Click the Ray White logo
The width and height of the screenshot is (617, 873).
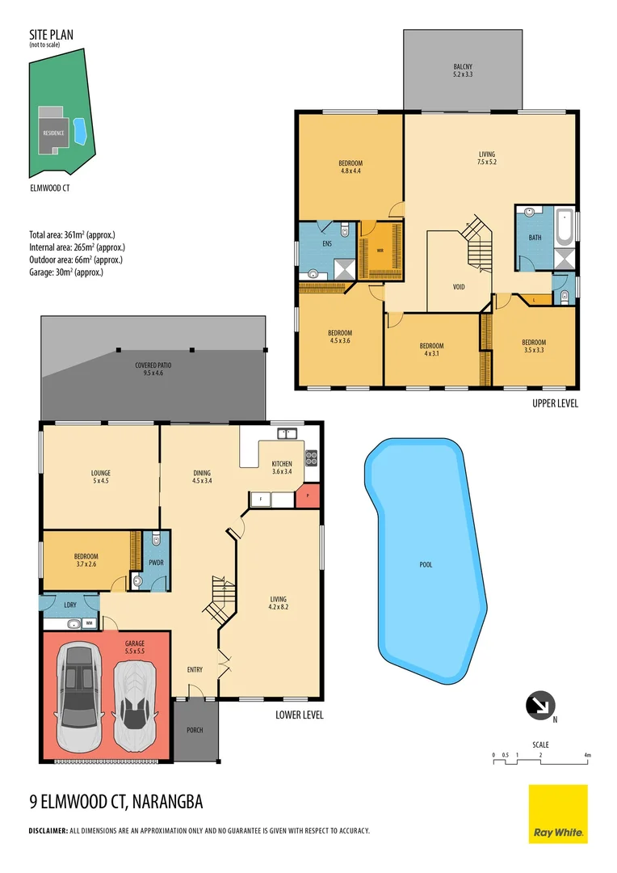point(558,813)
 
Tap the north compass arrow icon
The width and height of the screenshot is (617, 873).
point(539,705)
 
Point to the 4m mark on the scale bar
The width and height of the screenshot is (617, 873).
point(588,755)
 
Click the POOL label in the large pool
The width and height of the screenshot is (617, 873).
point(426,565)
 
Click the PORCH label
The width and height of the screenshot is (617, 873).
point(195,730)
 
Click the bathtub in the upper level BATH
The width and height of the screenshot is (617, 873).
point(565,229)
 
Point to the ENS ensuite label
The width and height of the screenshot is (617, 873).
point(328,242)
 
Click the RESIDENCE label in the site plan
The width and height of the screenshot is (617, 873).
point(53,133)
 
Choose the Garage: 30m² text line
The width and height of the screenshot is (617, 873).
point(66,272)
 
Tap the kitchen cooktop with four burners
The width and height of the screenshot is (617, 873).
point(311,457)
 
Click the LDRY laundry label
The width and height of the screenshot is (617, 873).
point(69,603)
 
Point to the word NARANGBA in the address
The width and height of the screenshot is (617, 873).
point(162,802)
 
